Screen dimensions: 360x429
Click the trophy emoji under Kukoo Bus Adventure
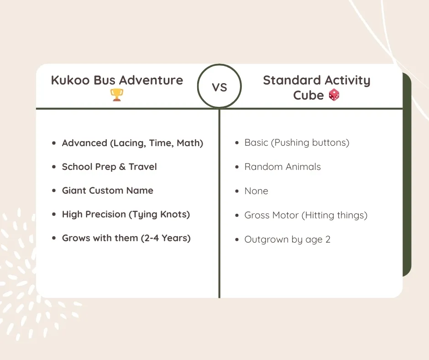117,95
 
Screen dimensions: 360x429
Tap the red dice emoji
334,95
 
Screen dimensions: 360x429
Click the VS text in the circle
220,87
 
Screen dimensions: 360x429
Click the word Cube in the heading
308,95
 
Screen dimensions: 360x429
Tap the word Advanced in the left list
84,143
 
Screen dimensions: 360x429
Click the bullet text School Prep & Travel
109,167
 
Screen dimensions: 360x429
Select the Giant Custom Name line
107,191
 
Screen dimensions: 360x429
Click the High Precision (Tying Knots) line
126,214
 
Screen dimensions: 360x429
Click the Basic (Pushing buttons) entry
297,143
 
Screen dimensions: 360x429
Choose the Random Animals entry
283,167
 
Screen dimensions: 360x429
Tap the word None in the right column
256,191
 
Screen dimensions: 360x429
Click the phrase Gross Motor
272,215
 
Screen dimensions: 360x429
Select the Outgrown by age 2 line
287,239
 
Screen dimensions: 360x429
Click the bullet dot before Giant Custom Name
54,191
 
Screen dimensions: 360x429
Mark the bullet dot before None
236,191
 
